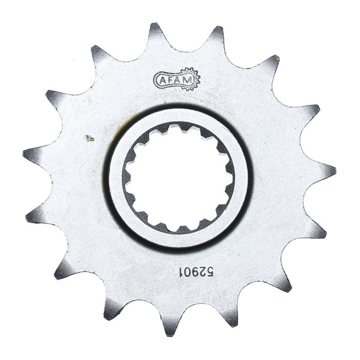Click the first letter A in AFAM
click(162, 80)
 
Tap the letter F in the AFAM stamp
click(169, 80)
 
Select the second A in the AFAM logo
click(178, 80)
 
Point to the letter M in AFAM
click(187, 80)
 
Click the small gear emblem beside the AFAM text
click(191, 79)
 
